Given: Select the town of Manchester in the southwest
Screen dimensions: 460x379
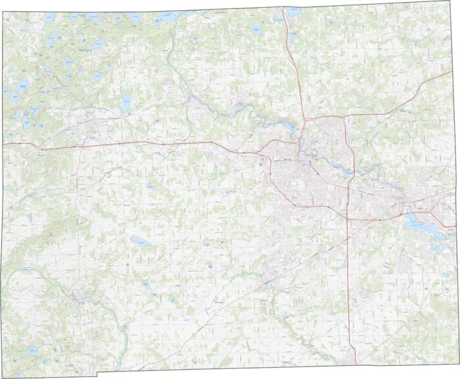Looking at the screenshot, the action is tap(80, 299).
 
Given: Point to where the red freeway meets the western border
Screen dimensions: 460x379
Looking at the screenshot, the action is tap(3, 143).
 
